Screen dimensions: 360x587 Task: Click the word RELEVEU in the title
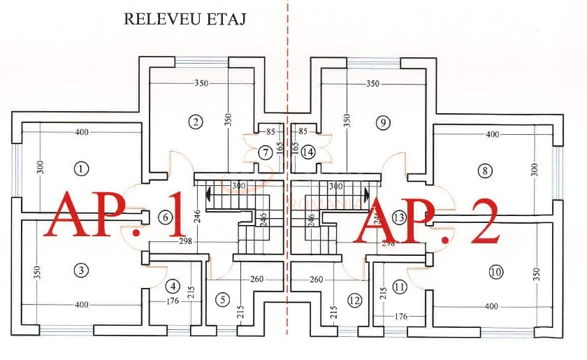159,19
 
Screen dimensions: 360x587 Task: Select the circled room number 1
82,168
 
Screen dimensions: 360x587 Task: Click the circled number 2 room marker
196,122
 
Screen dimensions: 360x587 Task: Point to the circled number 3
82,270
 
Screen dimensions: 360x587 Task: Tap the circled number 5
222,300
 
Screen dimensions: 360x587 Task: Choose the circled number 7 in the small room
265,152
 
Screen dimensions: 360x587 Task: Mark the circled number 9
382,122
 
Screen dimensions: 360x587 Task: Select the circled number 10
496,271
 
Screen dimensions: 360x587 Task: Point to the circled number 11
400,286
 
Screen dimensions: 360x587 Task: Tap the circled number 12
354,301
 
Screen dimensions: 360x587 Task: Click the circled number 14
308,152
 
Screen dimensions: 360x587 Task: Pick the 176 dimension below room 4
173,301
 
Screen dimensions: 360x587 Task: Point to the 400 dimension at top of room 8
493,134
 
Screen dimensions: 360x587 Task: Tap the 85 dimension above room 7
270,131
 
